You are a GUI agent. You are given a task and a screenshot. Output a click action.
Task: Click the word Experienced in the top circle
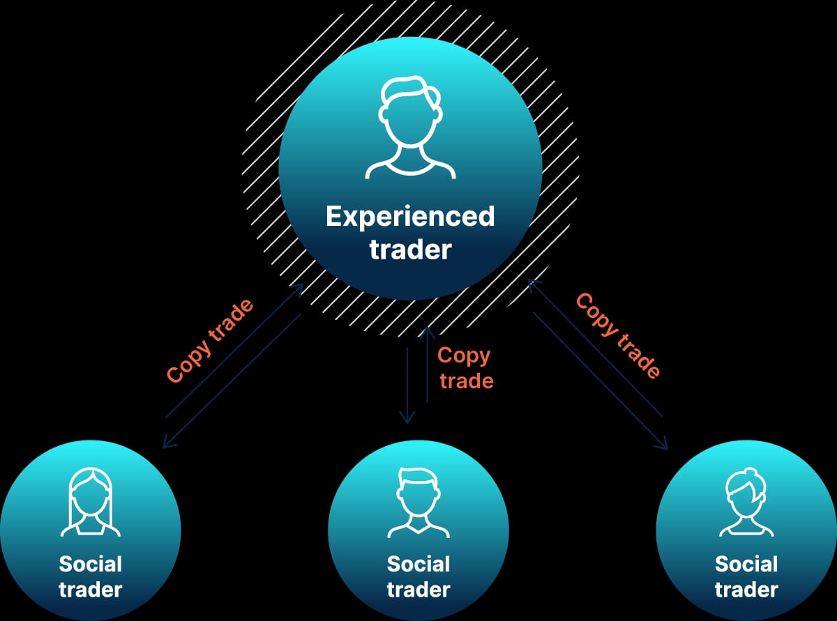click(410, 217)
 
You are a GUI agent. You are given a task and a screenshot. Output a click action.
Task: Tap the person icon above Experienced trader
click(411, 127)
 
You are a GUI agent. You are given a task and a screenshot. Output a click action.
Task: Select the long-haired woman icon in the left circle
click(91, 502)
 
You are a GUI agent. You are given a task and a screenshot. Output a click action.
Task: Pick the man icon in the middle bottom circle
click(418, 503)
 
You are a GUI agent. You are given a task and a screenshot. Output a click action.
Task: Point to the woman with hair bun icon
click(746, 503)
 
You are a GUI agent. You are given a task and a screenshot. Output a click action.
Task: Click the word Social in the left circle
click(91, 564)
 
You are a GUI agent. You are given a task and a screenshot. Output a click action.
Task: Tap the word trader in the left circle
click(91, 590)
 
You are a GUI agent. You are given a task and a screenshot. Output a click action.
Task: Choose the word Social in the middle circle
click(418, 564)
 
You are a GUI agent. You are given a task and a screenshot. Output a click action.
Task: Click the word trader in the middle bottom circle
click(418, 590)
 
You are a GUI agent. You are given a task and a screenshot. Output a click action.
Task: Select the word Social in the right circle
click(746, 564)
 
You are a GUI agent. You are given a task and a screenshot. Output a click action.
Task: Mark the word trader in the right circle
click(746, 590)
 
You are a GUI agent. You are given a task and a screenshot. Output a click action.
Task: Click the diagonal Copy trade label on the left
click(210, 341)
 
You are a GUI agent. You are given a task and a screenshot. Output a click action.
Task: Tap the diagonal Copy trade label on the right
click(618, 335)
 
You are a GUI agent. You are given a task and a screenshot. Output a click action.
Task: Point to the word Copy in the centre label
click(464, 355)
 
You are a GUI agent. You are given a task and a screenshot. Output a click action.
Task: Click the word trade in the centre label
click(467, 381)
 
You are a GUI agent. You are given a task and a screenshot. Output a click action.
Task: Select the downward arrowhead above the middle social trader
click(407, 417)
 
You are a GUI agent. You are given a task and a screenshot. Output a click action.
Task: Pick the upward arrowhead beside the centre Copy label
click(427, 332)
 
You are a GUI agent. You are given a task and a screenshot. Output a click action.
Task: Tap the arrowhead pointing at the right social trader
click(661, 444)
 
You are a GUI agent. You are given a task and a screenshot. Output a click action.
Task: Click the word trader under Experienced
click(411, 250)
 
